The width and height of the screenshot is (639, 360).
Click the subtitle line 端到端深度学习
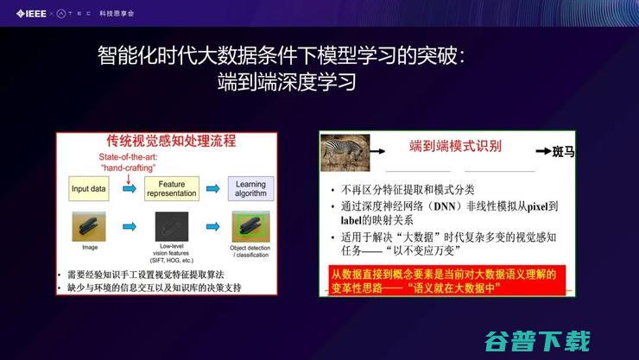286,85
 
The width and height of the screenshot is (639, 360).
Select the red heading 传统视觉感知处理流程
170,141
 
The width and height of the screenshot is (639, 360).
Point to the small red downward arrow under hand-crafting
130,178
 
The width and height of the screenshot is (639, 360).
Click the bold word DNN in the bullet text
446,207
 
